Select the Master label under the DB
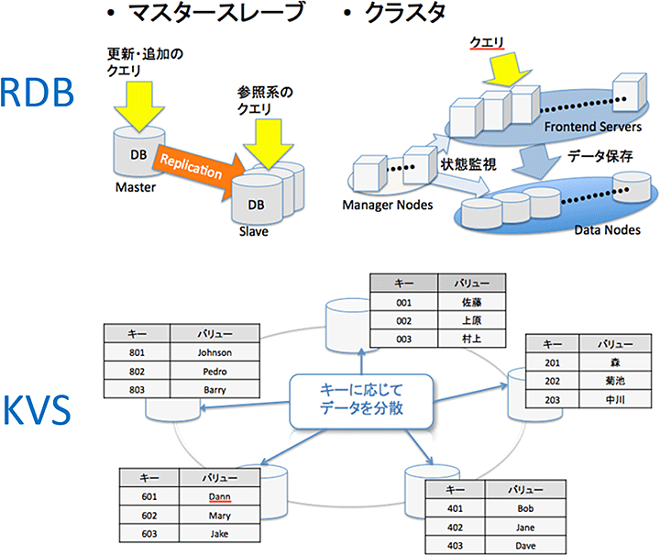click(135, 188)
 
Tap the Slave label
click(256, 232)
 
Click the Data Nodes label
click(607, 230)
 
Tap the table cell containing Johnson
click(214, 351)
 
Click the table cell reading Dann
click(219, 497)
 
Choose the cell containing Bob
click(524, 507)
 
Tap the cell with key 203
click(553, 399)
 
